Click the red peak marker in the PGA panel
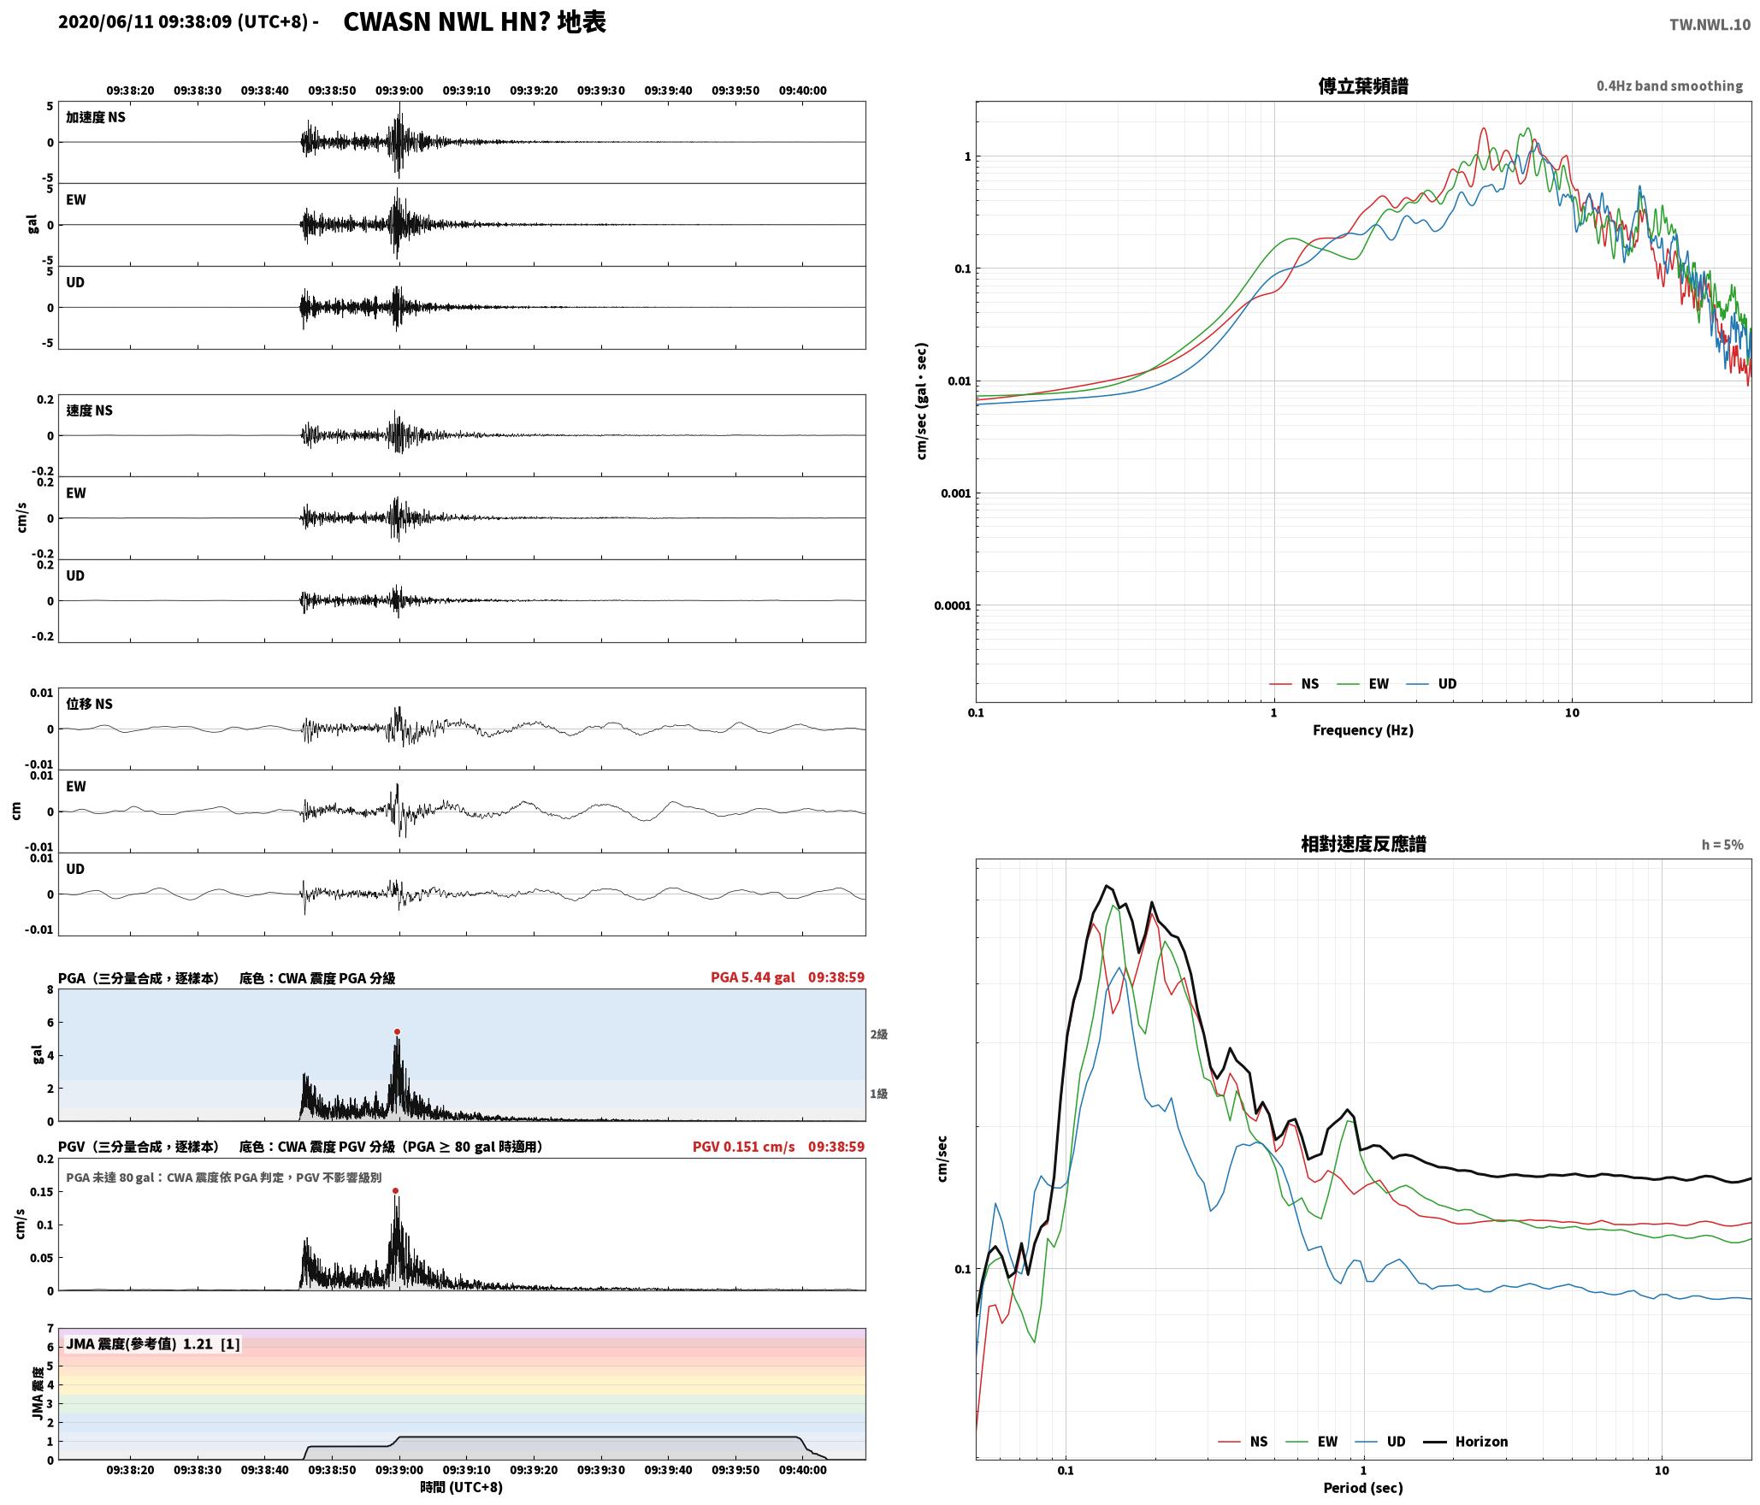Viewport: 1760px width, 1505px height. point(397,1031)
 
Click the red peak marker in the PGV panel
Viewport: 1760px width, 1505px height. point(395,1190)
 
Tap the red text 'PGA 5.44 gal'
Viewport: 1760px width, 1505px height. point(753,977)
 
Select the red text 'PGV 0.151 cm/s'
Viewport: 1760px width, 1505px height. point(743,1147)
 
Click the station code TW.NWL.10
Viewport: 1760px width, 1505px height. point(1710,25)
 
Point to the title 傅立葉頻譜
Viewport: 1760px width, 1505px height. point(1363,86)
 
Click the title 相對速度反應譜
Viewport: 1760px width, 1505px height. point(1363,844)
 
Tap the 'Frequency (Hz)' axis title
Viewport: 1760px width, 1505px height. point(1363,730)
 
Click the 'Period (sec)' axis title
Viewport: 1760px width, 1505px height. point(1363,1488)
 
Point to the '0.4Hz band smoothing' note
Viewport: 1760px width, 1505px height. point(1669,86)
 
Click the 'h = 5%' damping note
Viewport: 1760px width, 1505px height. point(1722,845)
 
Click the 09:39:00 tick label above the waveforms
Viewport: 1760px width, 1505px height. point(399,91)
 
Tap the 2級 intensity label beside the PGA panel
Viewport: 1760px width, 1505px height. point(879,1035)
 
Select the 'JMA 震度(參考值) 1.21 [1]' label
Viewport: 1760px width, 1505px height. point(153,1344)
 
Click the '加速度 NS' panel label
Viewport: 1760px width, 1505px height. point(96,117)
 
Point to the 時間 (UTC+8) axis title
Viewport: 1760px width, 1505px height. point(462,1487)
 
